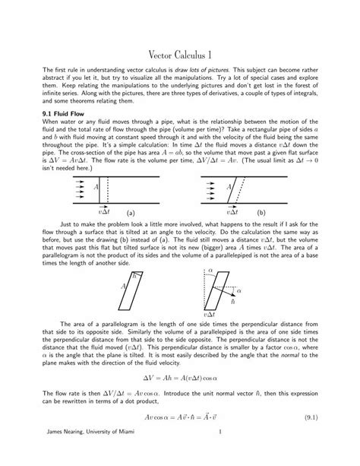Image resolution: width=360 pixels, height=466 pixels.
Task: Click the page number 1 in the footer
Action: click(x=219, y=453)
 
